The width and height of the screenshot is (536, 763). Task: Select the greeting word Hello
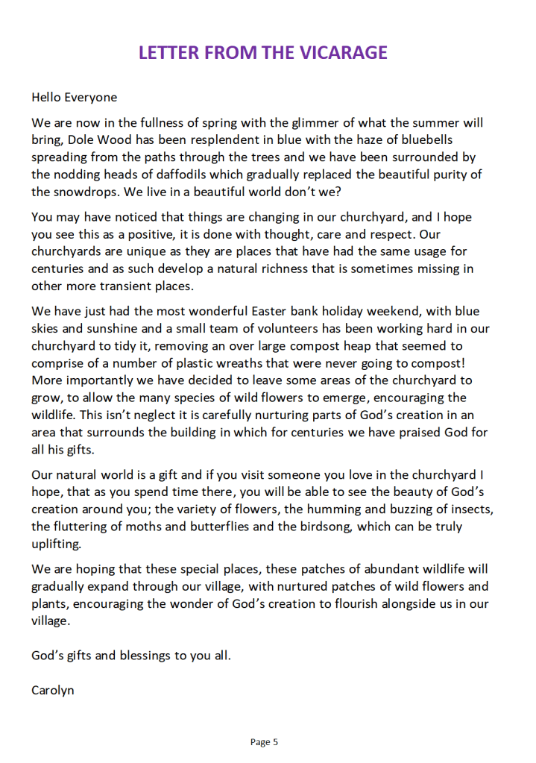(46, 97)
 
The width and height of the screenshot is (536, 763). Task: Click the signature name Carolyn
(52, 691)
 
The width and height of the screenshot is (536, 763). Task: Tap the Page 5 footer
(264, 742)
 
